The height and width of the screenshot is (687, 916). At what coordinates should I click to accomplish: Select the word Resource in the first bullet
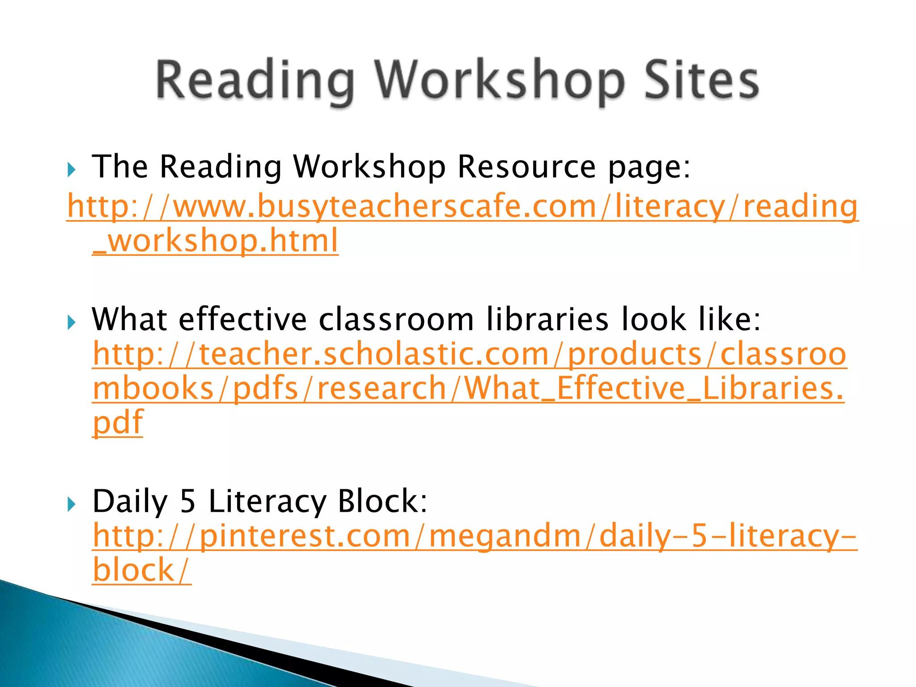[x=526, y=167]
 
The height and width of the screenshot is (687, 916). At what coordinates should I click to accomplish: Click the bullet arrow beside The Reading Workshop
[x=71, y=170]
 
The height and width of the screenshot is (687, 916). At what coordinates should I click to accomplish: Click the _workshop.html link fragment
[x=215, y=241]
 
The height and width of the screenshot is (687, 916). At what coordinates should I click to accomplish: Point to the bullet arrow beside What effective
[x=71, y=322]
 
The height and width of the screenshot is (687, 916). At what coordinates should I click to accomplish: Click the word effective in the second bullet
[x=243, y=319]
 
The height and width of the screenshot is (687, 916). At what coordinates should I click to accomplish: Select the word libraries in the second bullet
[x=547, y=319]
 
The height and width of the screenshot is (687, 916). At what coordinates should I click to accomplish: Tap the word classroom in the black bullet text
[x=396, y=319]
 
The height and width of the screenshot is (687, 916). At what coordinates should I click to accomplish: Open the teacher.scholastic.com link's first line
[x=469, y=354]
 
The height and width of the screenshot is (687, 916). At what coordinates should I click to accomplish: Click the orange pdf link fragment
[x=118, y=422]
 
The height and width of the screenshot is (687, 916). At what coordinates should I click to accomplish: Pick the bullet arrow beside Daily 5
[x=71, y=505]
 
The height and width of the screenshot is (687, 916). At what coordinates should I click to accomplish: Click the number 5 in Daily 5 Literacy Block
[x=188, y=501]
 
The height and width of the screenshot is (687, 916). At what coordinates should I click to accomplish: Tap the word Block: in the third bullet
[x=382, y=501]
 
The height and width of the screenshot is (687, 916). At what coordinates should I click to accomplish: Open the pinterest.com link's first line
[x=475, y=536]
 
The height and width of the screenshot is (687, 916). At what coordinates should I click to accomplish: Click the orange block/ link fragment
[x=142, y=570]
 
